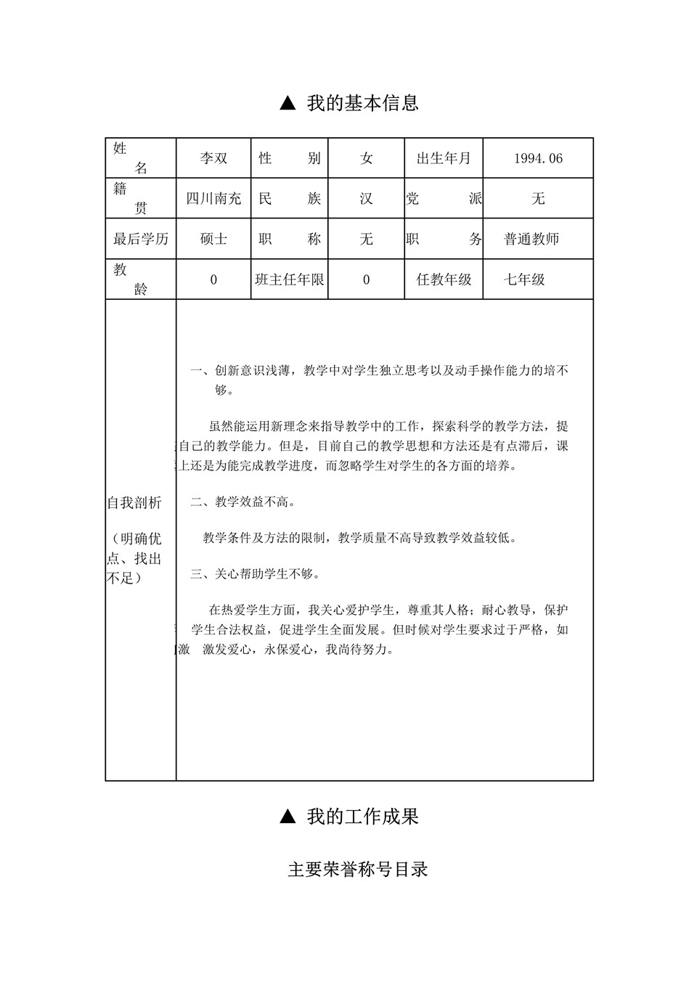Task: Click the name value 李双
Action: pyautogui.click(x=213, y=158)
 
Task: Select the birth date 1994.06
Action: pyautogui.click(x=538, y=158)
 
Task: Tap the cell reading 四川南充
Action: pyautogui.click(x=213, y=198)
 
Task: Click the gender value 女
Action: pyautogui.click(x=366, y=158)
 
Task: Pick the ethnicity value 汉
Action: pyautogui.click(x=366, y=198)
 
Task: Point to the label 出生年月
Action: pyautogui.click(x=444, y=158)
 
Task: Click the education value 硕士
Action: pyautogui.click(x=213, y=239)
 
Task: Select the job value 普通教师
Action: pyautogui.click(x=531, y=239)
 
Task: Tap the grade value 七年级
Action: pyautogui.click(x=524, y=279)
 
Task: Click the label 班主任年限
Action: pyautogui.click(x=290, y=279)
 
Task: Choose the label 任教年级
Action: pyautogui.click(x=444, y=279)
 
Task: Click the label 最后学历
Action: pyautogui.click(x=141, y=239)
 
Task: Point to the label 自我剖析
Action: pyautogui.click(x=134, y=503)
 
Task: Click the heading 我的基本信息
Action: pyautogui.click(x=362, y=103)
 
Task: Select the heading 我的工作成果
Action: pyautogui.click(x=362, y=817)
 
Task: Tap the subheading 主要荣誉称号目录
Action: pyautogui.click(x=358, y=869)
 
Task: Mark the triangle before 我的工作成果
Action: pyautogui.click(x=288, y=817)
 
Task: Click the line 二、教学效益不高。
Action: pyautogui.click(x=243, y=502)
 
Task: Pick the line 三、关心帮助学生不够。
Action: pyautogui.click(x=256, y=573)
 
